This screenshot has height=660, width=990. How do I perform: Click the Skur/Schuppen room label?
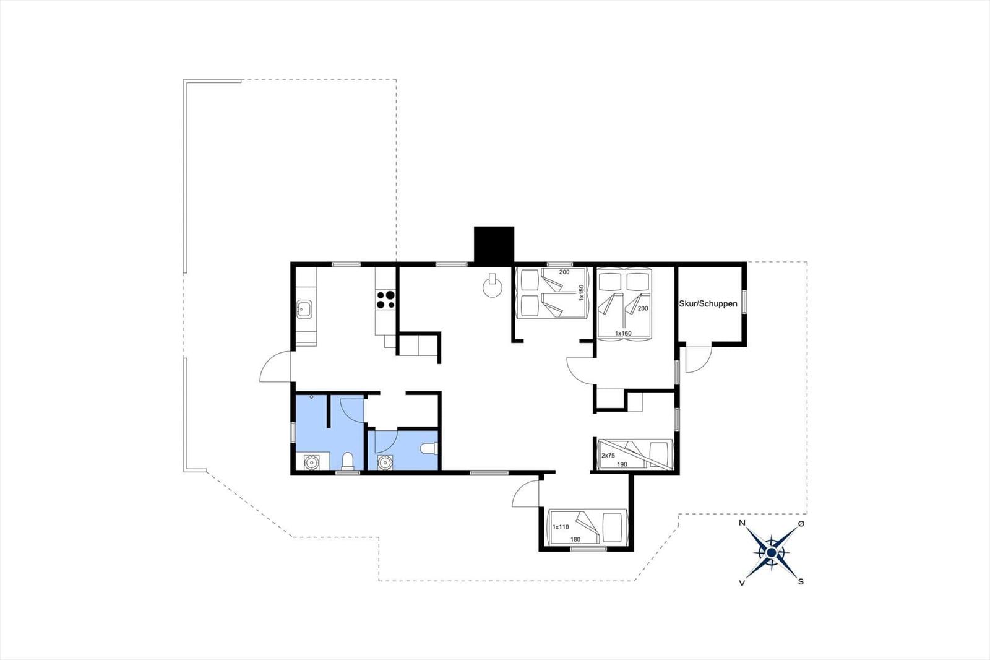click(x=708, y=304)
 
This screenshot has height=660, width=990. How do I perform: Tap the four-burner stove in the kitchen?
click(x=385, y=300)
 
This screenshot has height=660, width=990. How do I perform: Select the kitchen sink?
click(x=304, y=308)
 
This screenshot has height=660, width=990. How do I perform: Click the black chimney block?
click(x=494, y=245)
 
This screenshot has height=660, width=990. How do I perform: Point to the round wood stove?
click(x=493, y=287)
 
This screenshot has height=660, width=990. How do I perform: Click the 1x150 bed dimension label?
click(x=582, y=293)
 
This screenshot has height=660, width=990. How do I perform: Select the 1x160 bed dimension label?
click(x=623, y=334)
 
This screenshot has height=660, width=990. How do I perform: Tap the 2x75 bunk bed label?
click(x=608, y=456)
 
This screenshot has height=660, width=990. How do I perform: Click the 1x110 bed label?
click(x=561, y=527)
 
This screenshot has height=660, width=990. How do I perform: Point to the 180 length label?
click(x=575, y=539)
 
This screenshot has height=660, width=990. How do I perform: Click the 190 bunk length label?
click(x=622, y=464)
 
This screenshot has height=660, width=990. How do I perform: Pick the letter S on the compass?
click(x=801, y=582)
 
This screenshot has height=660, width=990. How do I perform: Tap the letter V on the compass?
click(x=741, y=583)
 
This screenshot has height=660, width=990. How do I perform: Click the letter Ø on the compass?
click(x=801, y=524)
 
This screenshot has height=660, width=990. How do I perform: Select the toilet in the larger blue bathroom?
click(x=348, y=461)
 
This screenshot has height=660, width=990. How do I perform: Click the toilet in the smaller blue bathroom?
click(x=428, y=448)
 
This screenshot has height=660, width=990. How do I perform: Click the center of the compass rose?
click(x=772, y=552)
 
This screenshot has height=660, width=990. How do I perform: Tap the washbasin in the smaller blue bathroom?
click(x=385, y=462)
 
